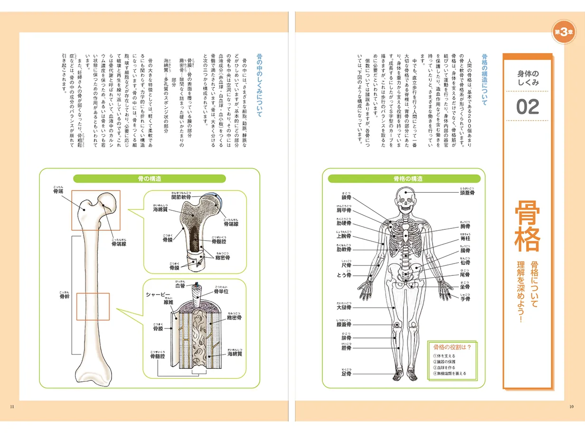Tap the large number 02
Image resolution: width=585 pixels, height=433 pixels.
pos(528,107)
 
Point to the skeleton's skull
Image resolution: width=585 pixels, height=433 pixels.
pos(405,198)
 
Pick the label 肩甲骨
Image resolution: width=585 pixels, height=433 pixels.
pos(344,210)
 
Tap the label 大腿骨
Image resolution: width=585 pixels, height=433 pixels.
pos(343,308)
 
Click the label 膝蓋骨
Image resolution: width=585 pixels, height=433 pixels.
pos(343,325)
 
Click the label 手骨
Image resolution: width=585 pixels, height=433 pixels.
pos(465,299)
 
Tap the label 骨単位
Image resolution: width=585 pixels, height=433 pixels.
pos(221,292)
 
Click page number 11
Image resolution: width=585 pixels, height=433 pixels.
pos(13,406)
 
